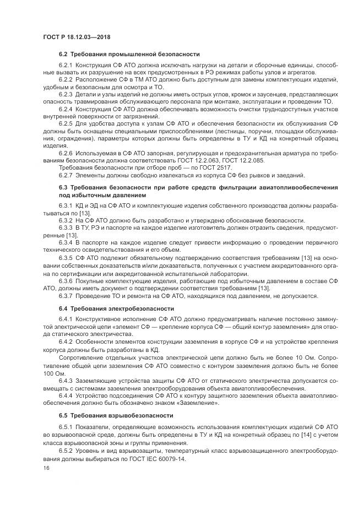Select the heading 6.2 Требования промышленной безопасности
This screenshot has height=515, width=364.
[129, 54]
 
